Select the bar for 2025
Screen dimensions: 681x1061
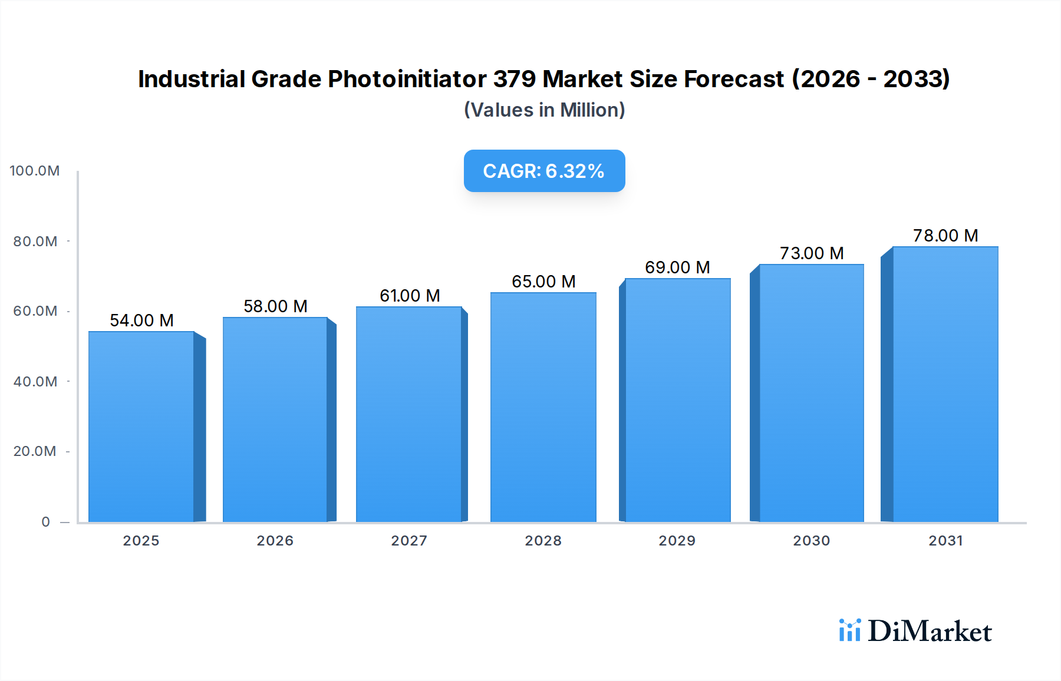point(141,427)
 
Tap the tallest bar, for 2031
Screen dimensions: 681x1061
point(945,384)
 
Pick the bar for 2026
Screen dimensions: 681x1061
point(275,419)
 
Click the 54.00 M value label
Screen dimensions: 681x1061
point(141,320)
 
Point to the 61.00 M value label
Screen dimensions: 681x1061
point(410,296)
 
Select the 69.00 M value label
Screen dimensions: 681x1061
point(677,267)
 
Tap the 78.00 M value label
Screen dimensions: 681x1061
point(945,236)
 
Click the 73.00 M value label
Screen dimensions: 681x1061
point(812,253)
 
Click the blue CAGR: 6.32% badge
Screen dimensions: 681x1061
point(544,171)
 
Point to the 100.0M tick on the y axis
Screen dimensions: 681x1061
point(35,171)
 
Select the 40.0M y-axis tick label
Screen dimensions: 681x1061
point(35,382)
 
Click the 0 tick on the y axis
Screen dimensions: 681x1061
point(45,522)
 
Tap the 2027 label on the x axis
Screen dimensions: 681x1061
point(409,541)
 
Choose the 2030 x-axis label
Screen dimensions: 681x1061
point(811,541)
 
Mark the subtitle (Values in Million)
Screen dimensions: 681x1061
point(544,110)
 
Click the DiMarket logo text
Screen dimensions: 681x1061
point(929,632)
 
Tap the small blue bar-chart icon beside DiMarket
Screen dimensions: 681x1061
point(849,630)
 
